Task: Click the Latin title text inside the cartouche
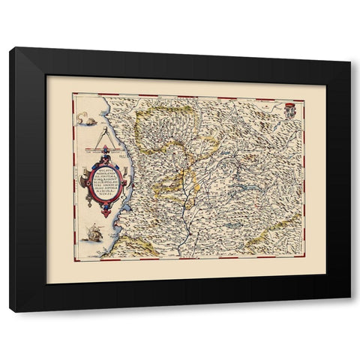pos(106,182)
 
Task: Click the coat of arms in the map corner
pos(292,109)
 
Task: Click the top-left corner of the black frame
pos(10,48)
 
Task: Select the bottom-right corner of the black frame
pos(349,311)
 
